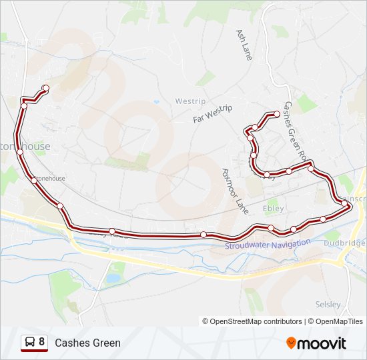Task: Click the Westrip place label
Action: (190, 101)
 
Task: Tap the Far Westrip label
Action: (212, 114)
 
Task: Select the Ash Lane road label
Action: (244, 45)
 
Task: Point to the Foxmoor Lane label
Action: (234, 191)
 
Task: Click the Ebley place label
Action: (274, 209)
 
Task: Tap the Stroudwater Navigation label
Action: (268, 245)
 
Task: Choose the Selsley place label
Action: (328, 305)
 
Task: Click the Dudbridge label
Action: (344, 243)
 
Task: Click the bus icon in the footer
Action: (30, 343)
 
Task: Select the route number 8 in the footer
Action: (42, 343)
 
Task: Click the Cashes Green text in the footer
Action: (88, 343)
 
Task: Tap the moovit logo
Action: (316, 343)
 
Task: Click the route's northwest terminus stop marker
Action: (45, 88)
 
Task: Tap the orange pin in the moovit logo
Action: (291, 343)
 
